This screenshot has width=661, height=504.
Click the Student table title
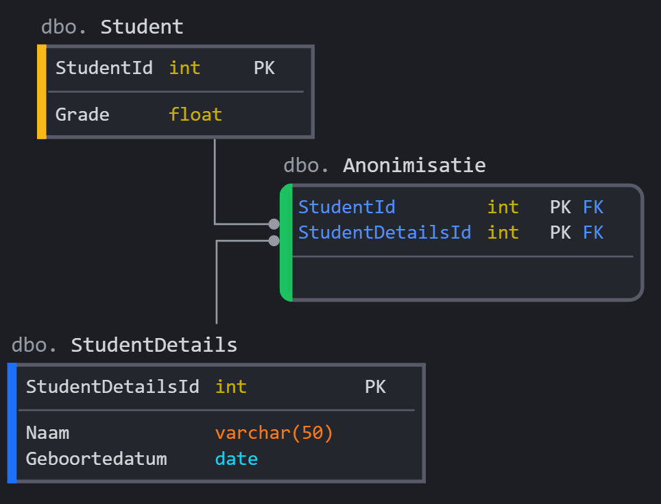[141, 27]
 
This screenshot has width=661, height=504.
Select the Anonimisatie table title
[414, 165]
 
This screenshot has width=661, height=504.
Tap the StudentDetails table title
[154, 345]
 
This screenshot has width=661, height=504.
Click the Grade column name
[82, 114]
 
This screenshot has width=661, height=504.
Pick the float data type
[195, 114]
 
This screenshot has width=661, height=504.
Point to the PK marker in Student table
[264, 68]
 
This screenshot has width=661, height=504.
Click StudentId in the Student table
[104, 68]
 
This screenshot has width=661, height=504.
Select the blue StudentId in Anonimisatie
[346, 207]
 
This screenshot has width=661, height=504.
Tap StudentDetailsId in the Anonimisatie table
[385, 232]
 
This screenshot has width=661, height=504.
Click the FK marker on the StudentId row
[593, 207]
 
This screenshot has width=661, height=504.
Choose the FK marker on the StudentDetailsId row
[593, 232]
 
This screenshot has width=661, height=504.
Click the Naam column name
[47, 433]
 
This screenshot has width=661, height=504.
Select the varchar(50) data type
[274, 433]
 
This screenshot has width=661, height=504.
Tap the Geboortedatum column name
[96, 459]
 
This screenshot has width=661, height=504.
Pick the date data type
[236, 459]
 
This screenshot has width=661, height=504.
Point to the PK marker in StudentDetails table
[375, 387]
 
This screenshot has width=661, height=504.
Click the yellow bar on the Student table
[42, 92]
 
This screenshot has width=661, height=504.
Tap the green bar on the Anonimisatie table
[287, 242]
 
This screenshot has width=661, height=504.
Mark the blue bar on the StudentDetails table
[12, 423]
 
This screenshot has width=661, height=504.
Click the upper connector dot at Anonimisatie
[274, 224]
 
